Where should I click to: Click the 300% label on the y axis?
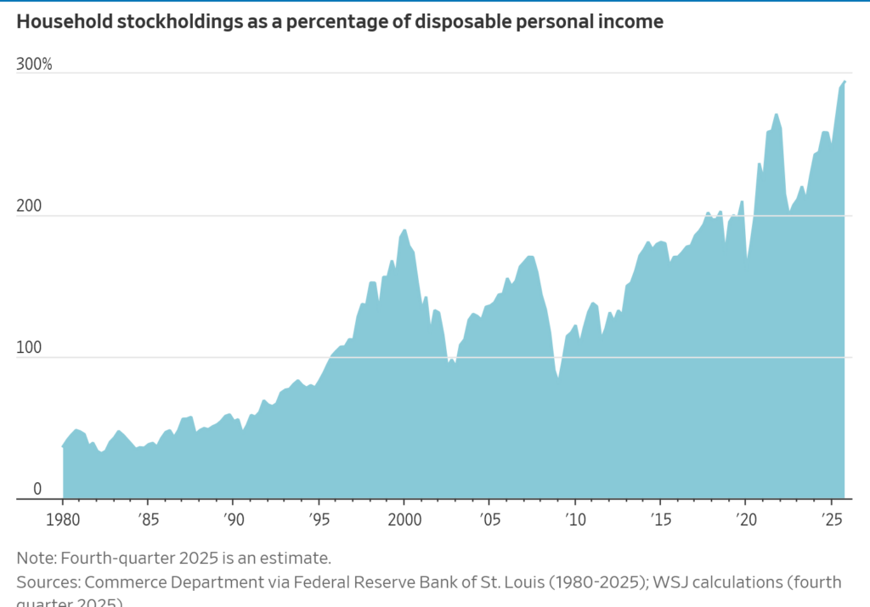(x=34, y=64)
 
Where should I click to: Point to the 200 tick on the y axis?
(x=30, y=207)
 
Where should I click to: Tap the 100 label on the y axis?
(x=30, y=349)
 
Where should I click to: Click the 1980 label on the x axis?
(x=63, y=518)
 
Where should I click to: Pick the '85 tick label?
(x=148, y=518)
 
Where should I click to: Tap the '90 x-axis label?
(x=233, y=518)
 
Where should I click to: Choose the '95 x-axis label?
(x=319, y=518)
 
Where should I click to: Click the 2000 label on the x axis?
(x=404, y=518)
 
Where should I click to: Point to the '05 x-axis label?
(x=489, y=518)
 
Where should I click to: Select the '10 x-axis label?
(x=574, y=518)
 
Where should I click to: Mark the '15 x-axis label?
(x=659, y=518)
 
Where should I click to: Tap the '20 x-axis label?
(x=745, y=518)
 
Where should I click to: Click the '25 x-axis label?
(x=830, y=518)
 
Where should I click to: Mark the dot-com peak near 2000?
(x=404, y=230)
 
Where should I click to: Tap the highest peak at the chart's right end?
(x=845, y=81)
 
